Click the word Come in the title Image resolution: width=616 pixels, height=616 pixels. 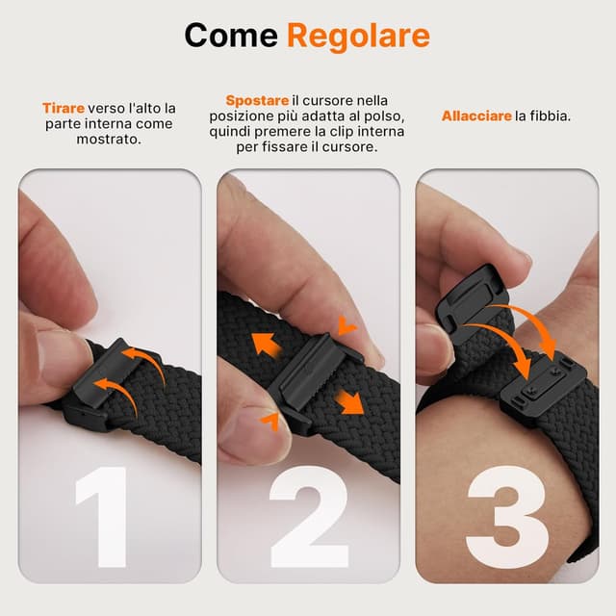tap(231, 36)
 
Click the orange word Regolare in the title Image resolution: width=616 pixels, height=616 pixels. tap(358, 36)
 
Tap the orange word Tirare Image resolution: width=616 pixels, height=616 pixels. tap(64, 109)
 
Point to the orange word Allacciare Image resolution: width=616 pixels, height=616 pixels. tap(476, 116)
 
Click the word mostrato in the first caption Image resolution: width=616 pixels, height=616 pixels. tap(109, 140)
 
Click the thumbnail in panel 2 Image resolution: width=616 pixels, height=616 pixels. tap(252, 423)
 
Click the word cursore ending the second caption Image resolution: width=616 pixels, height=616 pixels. tap(350, 148)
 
